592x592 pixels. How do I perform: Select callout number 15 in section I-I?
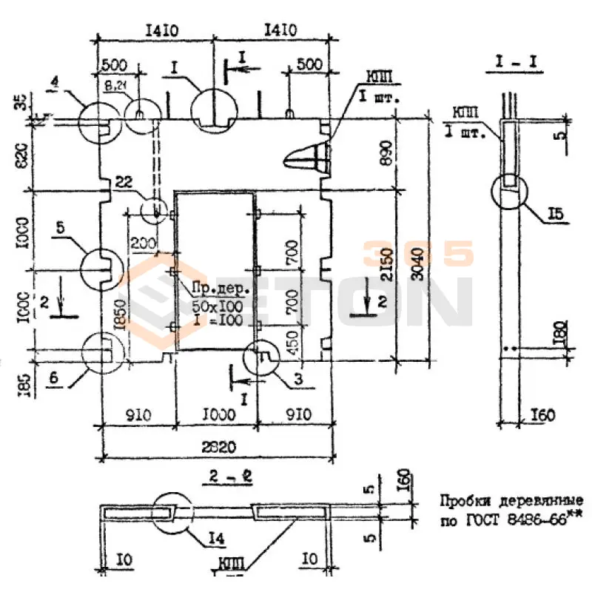click(x=556, y=215)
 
